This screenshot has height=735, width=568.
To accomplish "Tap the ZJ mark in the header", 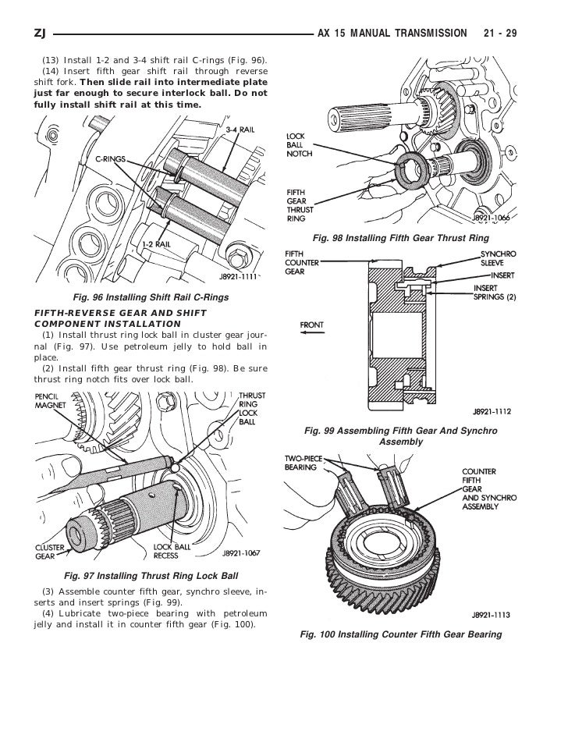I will pos(41,34).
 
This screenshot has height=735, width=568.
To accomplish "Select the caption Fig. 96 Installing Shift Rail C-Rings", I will pos(150,297).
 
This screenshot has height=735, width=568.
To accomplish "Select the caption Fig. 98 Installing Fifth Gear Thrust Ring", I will pos(400,236).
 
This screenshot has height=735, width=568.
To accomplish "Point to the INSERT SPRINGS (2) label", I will pos(495,293).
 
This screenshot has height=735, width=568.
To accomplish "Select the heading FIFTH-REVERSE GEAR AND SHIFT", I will pos(120,313).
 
